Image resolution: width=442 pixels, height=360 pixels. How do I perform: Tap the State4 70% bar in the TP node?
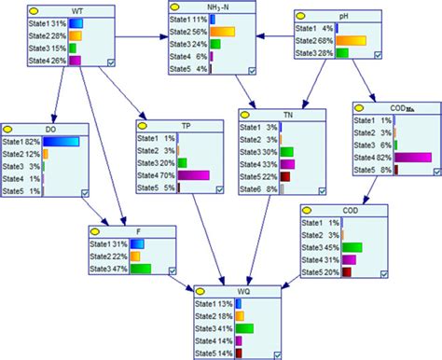193,174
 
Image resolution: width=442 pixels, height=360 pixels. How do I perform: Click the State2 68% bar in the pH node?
355,40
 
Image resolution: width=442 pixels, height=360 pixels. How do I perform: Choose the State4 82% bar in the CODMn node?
413,158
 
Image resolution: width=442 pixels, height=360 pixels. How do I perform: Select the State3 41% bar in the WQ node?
245,328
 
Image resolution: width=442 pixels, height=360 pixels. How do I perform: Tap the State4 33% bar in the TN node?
285,164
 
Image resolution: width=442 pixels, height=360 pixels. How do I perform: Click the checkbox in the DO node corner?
85,192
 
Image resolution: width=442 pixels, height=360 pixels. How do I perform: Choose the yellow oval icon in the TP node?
143,123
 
